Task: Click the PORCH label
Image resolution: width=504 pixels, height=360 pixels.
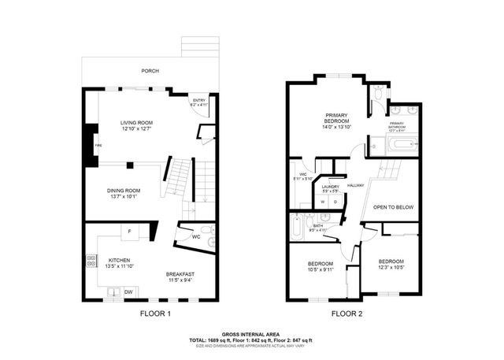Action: [150, 71]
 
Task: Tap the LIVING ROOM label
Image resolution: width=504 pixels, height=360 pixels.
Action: [136, 123]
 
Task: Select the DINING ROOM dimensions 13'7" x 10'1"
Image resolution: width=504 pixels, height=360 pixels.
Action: [124, 197]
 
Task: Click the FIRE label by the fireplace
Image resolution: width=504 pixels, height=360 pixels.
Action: [98, 146]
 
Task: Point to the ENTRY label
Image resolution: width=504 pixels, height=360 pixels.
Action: [198, 100]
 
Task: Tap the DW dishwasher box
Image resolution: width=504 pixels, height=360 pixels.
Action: [129, 292]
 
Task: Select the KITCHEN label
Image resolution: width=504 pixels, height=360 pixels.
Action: [120, 259]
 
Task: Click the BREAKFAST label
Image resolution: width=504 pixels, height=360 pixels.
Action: [180, 273]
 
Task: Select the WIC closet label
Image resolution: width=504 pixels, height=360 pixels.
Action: [302, 175]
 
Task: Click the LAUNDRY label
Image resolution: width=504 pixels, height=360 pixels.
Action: [330, 186]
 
